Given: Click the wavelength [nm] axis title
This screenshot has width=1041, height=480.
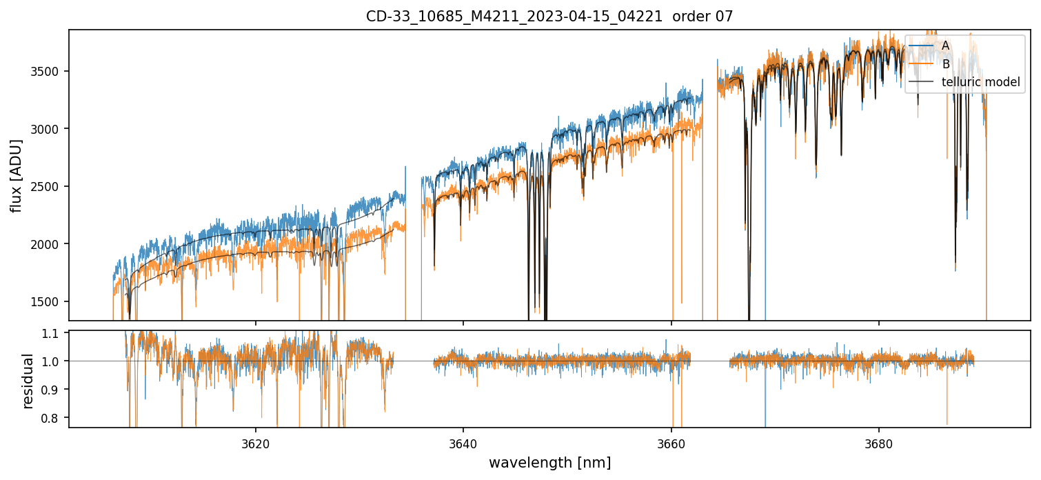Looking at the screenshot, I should (x=549, y=463).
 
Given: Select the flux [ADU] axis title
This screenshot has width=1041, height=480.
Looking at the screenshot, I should (x=16, y=175).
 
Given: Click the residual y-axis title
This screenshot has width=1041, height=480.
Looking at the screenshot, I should (x=28, y=380).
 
